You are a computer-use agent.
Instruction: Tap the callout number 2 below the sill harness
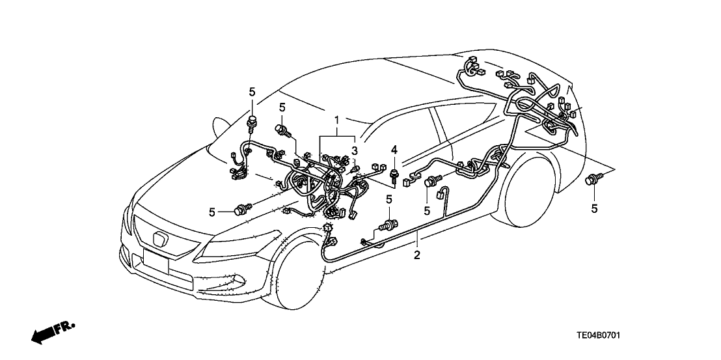[x=417, y=255]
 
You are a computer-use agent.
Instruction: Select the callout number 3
[x=354, y=152]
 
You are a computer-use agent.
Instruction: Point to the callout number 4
[x=394, y=152]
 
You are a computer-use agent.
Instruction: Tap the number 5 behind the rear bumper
[x=595, y=208]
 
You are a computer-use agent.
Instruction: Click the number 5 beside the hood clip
[x=212, y=212]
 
